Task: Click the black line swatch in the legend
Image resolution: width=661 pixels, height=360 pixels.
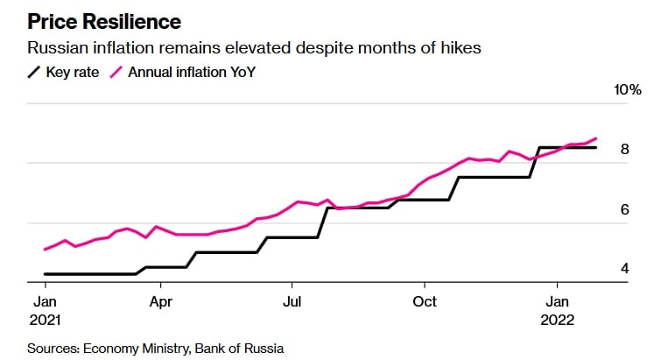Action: point(36,73)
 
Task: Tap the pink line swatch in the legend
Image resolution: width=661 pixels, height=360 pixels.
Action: point(116,73)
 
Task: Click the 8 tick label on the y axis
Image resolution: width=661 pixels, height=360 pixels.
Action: point(625,149)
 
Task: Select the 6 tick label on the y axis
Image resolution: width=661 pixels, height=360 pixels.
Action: point(625,209)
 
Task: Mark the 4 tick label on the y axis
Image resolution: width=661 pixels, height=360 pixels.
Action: point(625,268)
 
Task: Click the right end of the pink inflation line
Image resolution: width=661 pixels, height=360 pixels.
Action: point(596,138)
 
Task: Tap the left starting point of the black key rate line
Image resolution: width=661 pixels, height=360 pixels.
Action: point(45,274)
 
